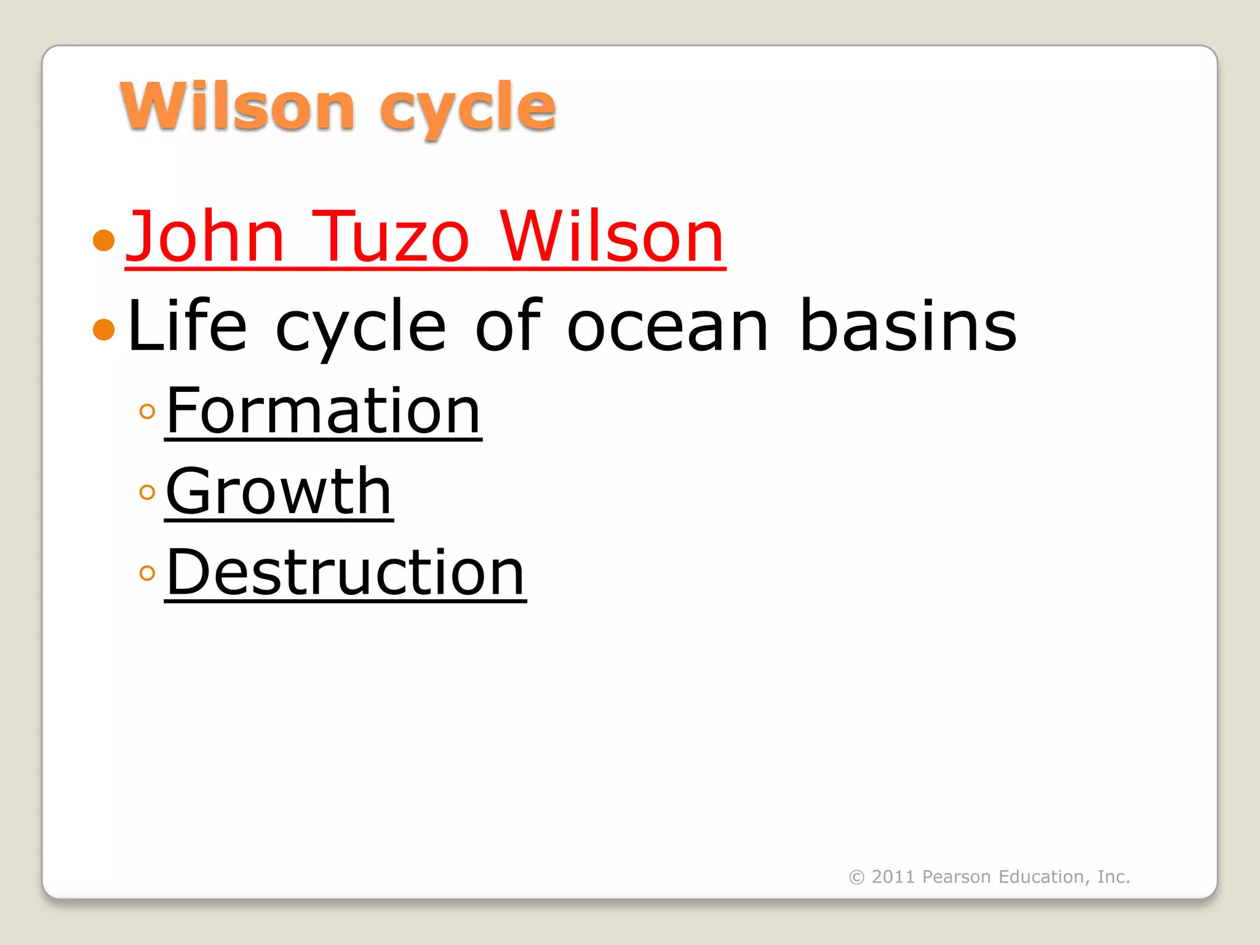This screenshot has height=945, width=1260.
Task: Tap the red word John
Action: click(205, 237)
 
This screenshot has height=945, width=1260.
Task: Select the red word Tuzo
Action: click(390, 237)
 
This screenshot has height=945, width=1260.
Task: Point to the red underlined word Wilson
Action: click(612, 237)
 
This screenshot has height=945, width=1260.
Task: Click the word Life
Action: click(187, 325)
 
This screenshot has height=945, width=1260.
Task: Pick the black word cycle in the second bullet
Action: click(361, 328)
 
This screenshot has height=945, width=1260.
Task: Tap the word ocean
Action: click(668, 328)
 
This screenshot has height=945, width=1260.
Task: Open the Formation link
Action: click(323, 410)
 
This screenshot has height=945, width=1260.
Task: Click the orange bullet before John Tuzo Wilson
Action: click(104, 240)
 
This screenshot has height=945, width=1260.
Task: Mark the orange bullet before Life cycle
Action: click(104, 329)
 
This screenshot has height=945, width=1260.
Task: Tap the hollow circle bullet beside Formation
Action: click(147, 411)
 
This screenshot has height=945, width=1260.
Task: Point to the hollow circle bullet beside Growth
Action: click(147, 492)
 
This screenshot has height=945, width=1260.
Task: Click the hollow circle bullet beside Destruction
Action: click(147, 573)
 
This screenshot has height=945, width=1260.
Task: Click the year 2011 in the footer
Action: click(893, 877)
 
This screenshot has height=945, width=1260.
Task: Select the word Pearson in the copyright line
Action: click(956, 877)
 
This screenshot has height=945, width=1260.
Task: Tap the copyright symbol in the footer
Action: click(856, 877)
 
